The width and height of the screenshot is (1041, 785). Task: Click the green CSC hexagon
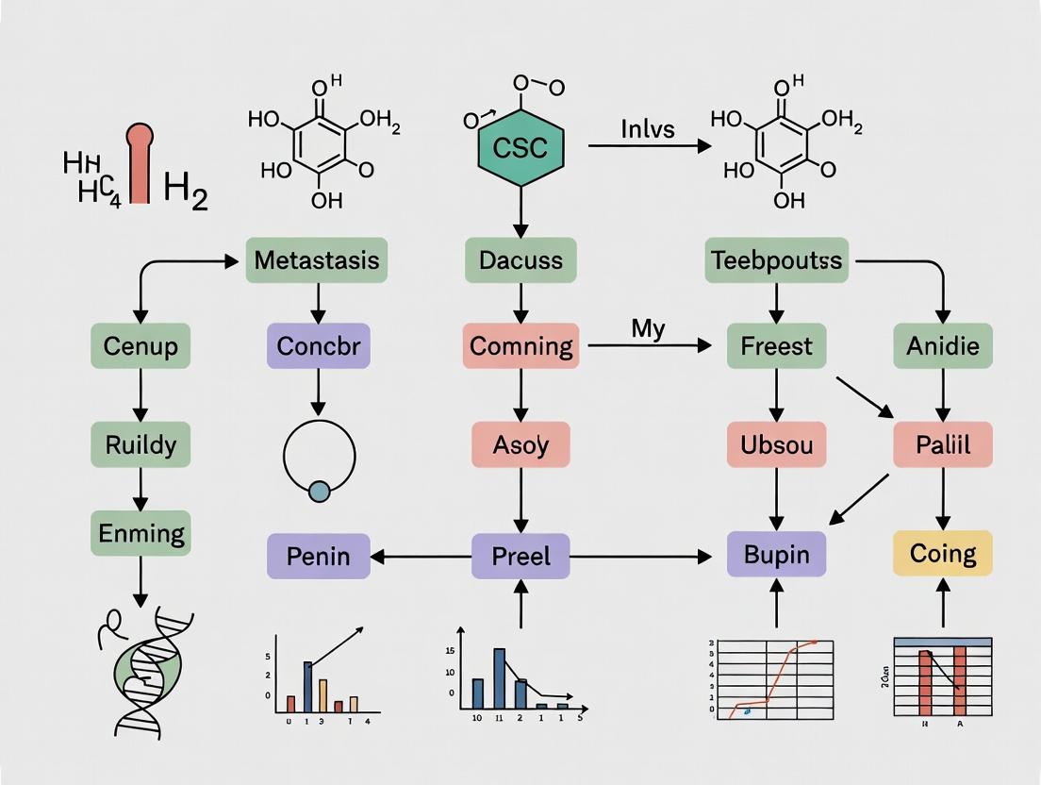(x=520, y=147)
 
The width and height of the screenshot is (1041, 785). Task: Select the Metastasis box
(x=317, y=259)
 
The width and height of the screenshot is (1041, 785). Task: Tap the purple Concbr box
(x=318, y=345)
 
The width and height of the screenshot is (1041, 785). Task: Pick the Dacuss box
(x=520, y=259)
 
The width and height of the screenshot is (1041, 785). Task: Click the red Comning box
(x=520, y=345)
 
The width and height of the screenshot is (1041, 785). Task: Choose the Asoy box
(x=520, y=443)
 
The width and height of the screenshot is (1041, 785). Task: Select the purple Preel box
(x=520, y=556)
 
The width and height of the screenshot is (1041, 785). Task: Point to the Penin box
(x=318, y=556)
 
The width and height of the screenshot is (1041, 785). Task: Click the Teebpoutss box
(x=776, y=259)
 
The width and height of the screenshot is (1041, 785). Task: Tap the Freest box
(x=776, y=345)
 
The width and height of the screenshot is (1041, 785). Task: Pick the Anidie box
(x=942, y=345)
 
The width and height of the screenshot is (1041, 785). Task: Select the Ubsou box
(x=776, y=443)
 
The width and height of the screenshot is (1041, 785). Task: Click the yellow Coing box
(x=942, y=552)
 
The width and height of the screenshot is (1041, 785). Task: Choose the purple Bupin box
(x=776, y=554)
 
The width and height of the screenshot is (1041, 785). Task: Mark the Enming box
(x=140, y=533)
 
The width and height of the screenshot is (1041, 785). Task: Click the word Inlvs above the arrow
(x=647, y=128)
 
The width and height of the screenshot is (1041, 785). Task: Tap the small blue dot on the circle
(x=319, y=491)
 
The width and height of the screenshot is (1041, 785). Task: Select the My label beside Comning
(x=648, y=329)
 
